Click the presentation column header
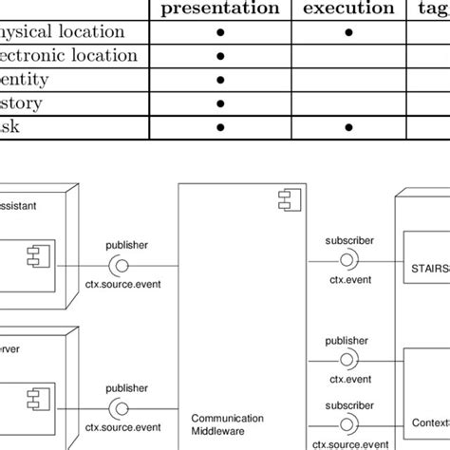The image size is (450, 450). click(x=220, y=9)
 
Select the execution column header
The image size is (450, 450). click(x=347, y=9)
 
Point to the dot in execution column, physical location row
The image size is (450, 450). click(x=347, y=33)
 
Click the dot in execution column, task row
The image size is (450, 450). click(x=347, y=126)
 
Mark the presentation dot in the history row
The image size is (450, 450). click(x=220, y=103)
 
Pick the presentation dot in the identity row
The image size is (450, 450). click(x=220, y=80)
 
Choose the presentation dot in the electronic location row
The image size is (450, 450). click(x=220, y=56)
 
